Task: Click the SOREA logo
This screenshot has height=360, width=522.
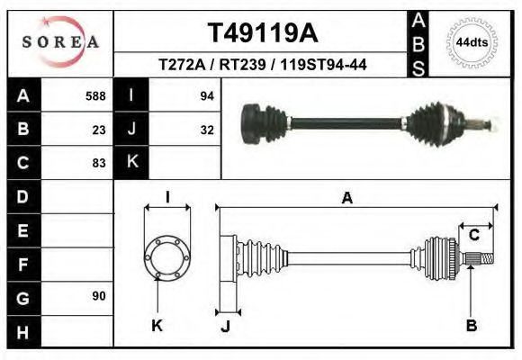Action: [x=60, y=42]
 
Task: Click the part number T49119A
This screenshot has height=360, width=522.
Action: [x=262, y=34]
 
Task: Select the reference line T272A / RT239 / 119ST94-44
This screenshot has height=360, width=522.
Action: [x=262, y=65]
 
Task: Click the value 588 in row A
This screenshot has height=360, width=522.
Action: [x=95, y=95]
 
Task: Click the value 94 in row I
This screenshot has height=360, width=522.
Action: [x=205, y=95]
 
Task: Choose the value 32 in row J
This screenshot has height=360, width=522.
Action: [x=205, y=129]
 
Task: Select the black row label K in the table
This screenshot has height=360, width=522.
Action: [x=131, y=163]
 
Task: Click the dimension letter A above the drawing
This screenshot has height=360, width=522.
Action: [x=346, y=200]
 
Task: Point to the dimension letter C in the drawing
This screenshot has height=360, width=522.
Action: [x=473, y=235]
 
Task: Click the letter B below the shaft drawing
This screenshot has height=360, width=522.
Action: [x=471, y=326]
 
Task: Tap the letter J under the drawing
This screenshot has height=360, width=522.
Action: [x=226, y=326]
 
